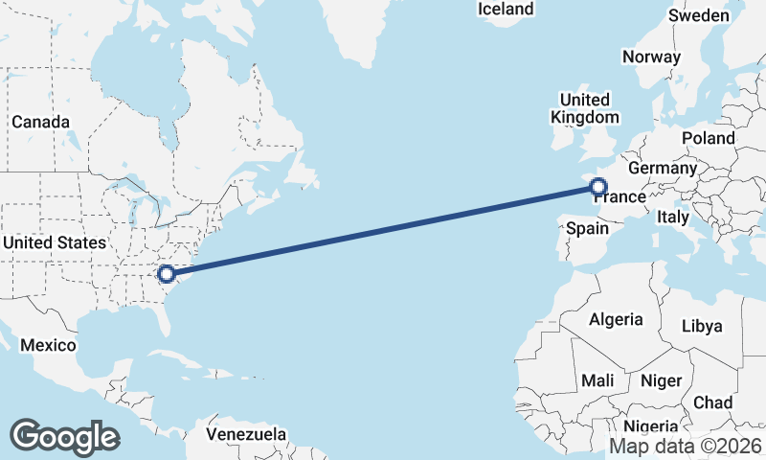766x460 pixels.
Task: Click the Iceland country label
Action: (506, 9)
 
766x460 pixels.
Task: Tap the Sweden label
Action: (699, 15)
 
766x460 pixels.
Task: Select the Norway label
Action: (651, 57)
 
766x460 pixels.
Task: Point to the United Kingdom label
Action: (585, 108)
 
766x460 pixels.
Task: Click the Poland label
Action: (708, 138)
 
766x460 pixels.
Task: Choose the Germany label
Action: (663, 168)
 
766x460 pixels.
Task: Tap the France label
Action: (619, 197)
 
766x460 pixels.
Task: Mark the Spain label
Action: (587, 228)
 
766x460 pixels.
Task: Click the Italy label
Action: (673, 218)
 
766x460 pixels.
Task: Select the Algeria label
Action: (616, 319)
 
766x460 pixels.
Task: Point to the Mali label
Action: (597, 380)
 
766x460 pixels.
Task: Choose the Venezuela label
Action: (247, 434)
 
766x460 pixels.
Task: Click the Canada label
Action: (40, 123)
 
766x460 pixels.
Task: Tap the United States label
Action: (54, 242)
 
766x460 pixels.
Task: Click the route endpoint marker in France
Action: (598, 187)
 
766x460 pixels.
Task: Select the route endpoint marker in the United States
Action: (167, 274)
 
